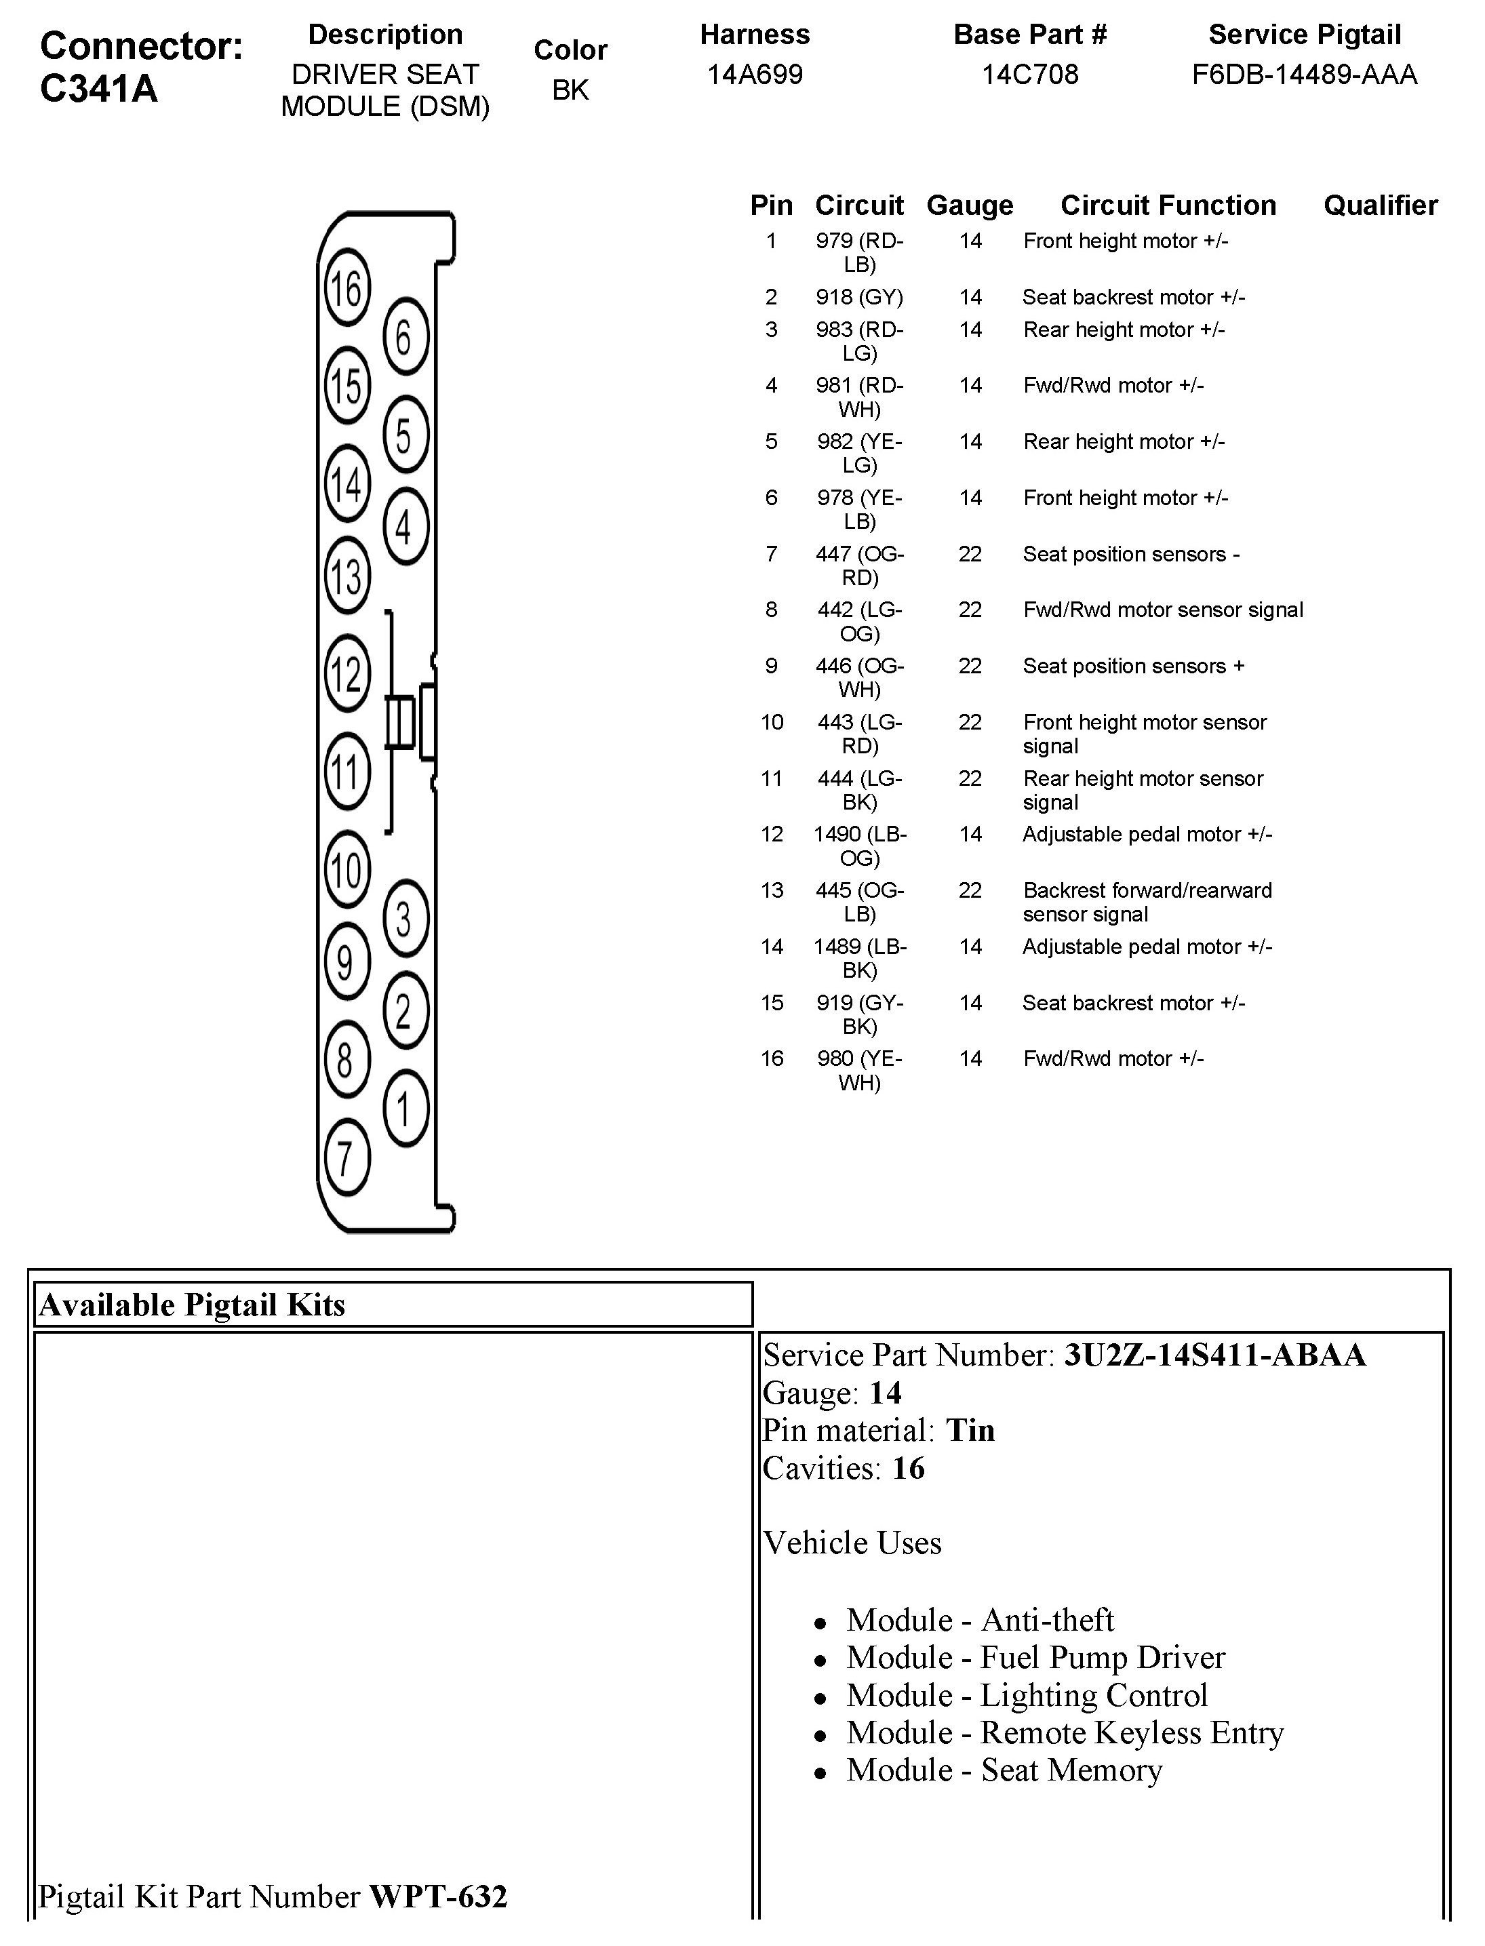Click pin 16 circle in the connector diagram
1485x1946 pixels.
(346, 287)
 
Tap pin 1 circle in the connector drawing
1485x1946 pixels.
(405, 1108)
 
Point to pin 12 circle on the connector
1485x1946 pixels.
(346, 673)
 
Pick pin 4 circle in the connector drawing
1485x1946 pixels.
(405, 527)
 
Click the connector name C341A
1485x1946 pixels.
(99, 88)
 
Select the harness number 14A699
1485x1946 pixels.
(755, 74)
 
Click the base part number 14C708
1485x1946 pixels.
(1030, 74)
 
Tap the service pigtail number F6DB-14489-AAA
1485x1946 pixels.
(1304, 74)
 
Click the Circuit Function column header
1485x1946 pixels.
(1168, 205)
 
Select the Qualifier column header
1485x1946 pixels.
(1380, 205)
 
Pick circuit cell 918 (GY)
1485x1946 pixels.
(859, 297)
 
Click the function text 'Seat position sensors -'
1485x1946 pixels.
(1130, 554)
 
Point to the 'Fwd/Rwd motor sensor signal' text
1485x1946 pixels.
(1162, 610)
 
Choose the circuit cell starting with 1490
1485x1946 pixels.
(860, 846)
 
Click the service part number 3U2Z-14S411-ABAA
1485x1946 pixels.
(1214, 1355)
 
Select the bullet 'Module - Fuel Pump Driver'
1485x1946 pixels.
(1035, 1658)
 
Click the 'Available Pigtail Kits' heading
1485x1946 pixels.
(192, 1305)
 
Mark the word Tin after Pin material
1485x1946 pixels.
(970, 1430)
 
